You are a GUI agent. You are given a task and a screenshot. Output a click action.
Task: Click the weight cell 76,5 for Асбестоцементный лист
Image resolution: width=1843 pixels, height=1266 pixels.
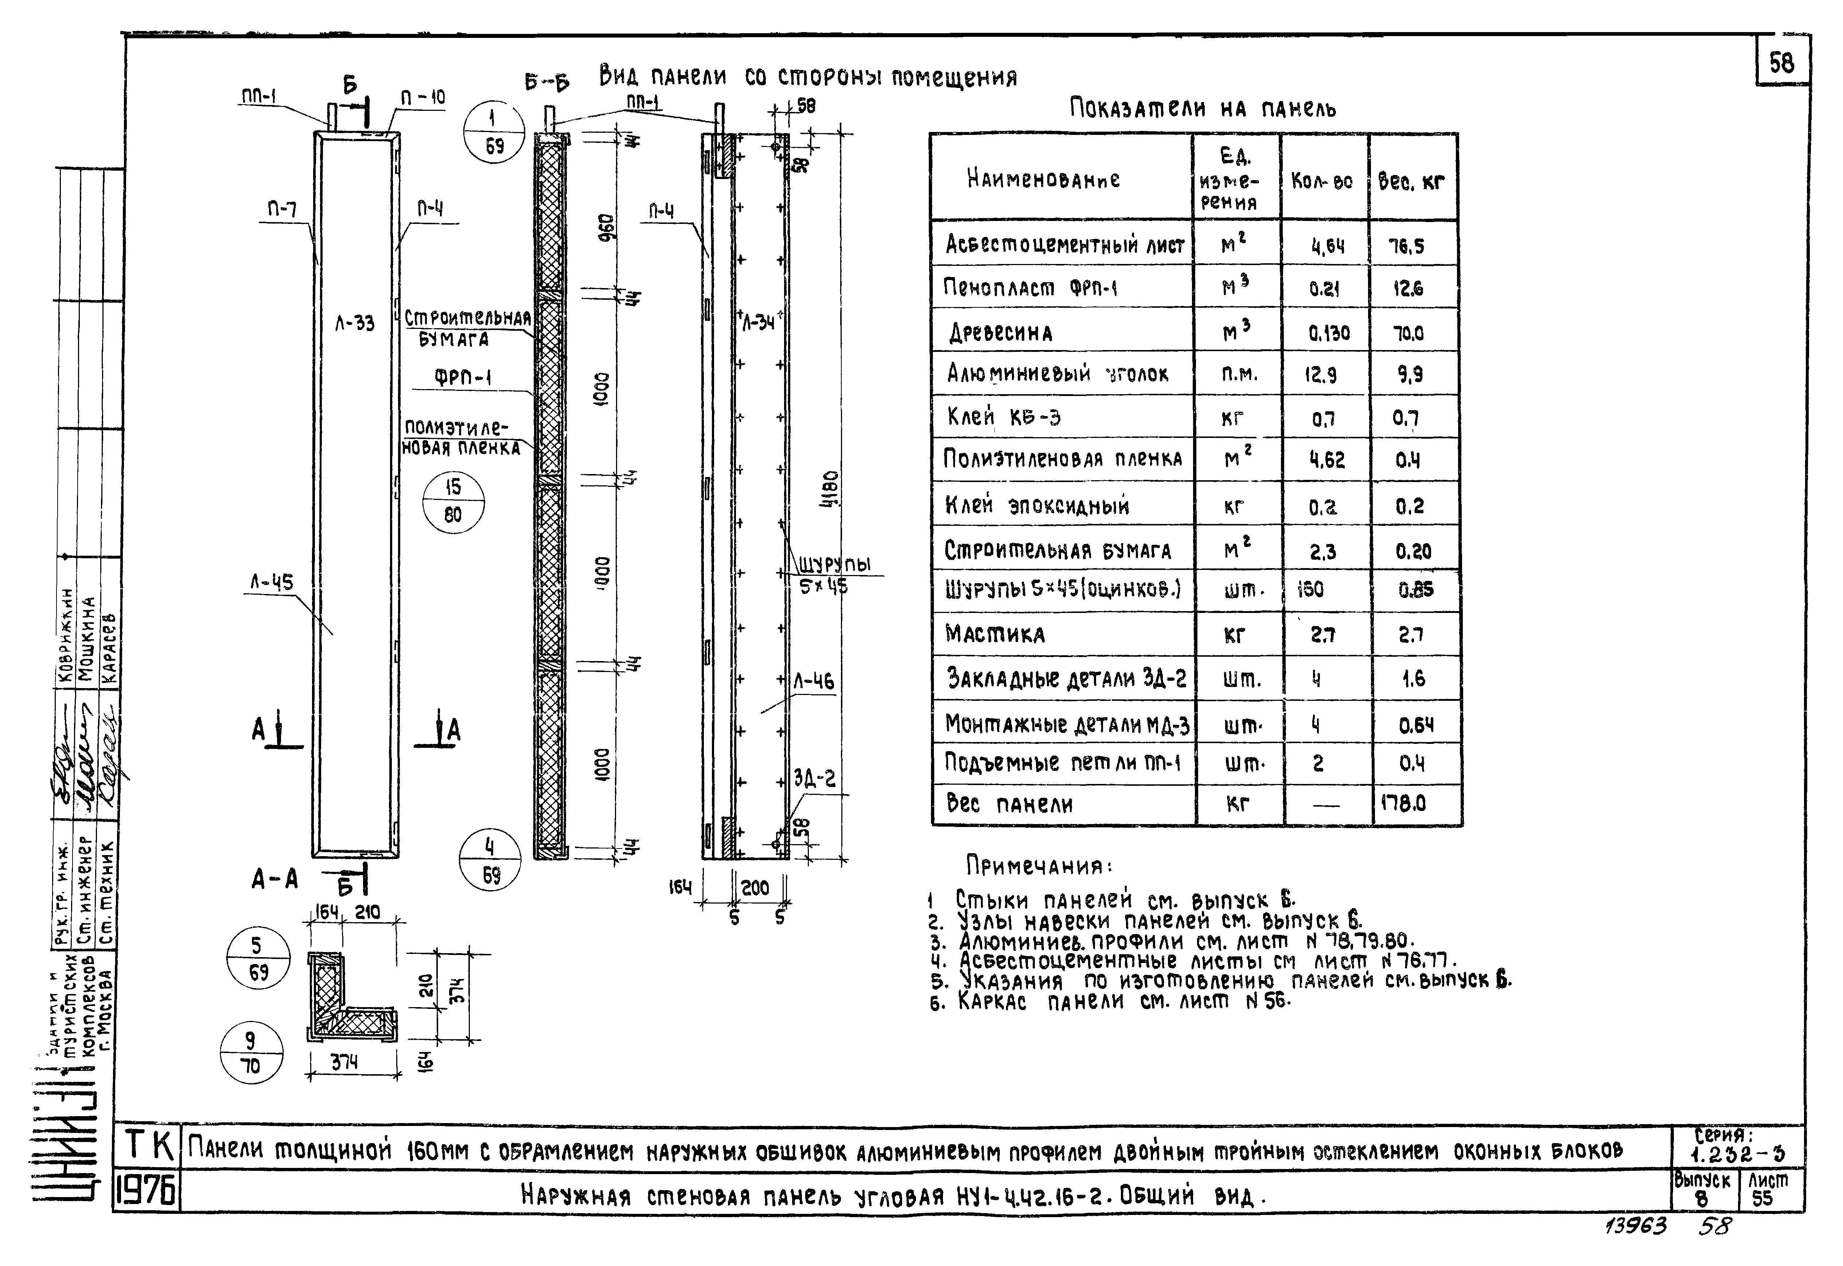(1407, 246)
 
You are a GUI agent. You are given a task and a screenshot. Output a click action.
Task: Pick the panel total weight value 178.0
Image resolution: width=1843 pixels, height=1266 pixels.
(1404, 804)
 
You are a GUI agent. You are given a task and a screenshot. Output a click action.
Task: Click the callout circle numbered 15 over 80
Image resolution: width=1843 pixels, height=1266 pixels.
(453, 501)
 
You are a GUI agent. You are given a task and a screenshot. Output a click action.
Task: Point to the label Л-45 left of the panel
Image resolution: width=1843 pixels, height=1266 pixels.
(272, 583)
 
